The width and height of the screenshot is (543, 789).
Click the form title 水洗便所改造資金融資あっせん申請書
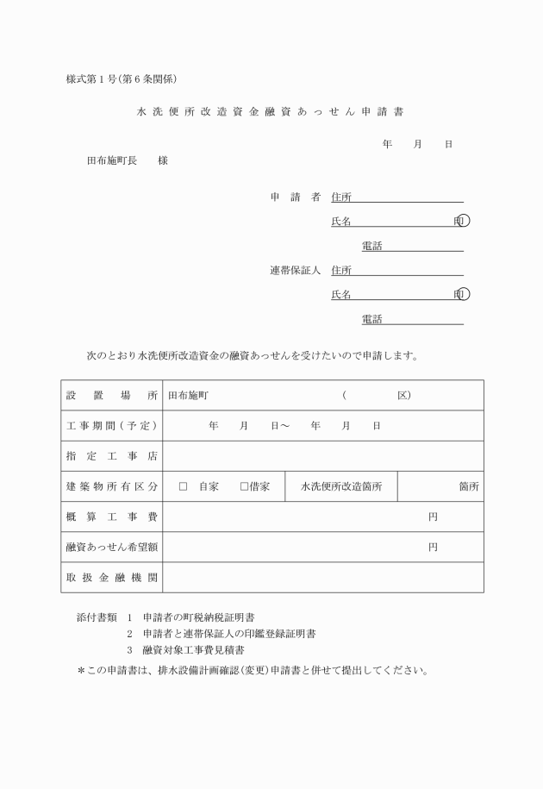(x=271, y=112)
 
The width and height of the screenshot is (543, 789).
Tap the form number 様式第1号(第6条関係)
(x=121, y=79)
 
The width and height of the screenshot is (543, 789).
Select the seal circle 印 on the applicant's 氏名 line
(x=464, y=222)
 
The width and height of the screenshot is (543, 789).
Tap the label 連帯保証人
(x=295, y=271)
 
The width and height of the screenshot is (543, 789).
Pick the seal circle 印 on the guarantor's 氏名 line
(x=464, y=295)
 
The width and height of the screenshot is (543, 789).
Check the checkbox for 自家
(x=183, y=486)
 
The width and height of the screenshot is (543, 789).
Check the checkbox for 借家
(x=244, y=486)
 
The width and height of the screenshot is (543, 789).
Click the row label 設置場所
(x=111, y=396)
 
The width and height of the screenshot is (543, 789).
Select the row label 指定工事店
(x=111, y=456)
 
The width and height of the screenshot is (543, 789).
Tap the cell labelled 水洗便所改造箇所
(x=341, y=486)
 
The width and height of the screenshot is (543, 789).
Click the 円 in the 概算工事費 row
(x=433, y=517)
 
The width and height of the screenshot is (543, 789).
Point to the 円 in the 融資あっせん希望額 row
(x=433, y=547)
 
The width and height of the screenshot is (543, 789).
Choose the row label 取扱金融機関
(x=111, y=577)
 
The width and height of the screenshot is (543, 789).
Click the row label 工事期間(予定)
(x=111, y=426)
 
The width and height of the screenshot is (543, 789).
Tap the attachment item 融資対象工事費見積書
(x=194, y=650)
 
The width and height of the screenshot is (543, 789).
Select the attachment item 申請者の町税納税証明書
(x=199, y=617)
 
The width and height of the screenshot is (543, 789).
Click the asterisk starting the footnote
(x=80, y=670)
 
